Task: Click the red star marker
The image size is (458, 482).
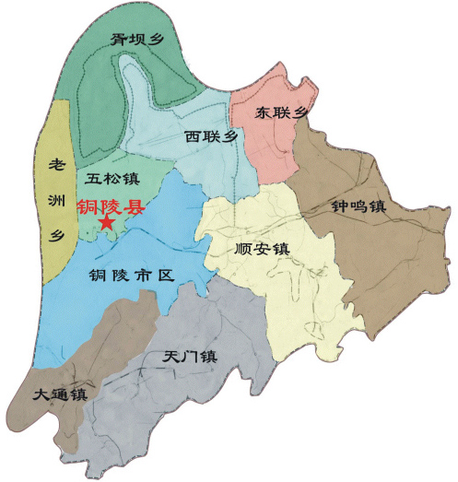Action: tap(107, 223)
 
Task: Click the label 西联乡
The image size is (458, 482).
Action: tap(211, 137)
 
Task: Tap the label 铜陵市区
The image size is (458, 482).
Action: tap(129, 274)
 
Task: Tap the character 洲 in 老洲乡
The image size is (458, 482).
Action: tap(55, 200)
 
